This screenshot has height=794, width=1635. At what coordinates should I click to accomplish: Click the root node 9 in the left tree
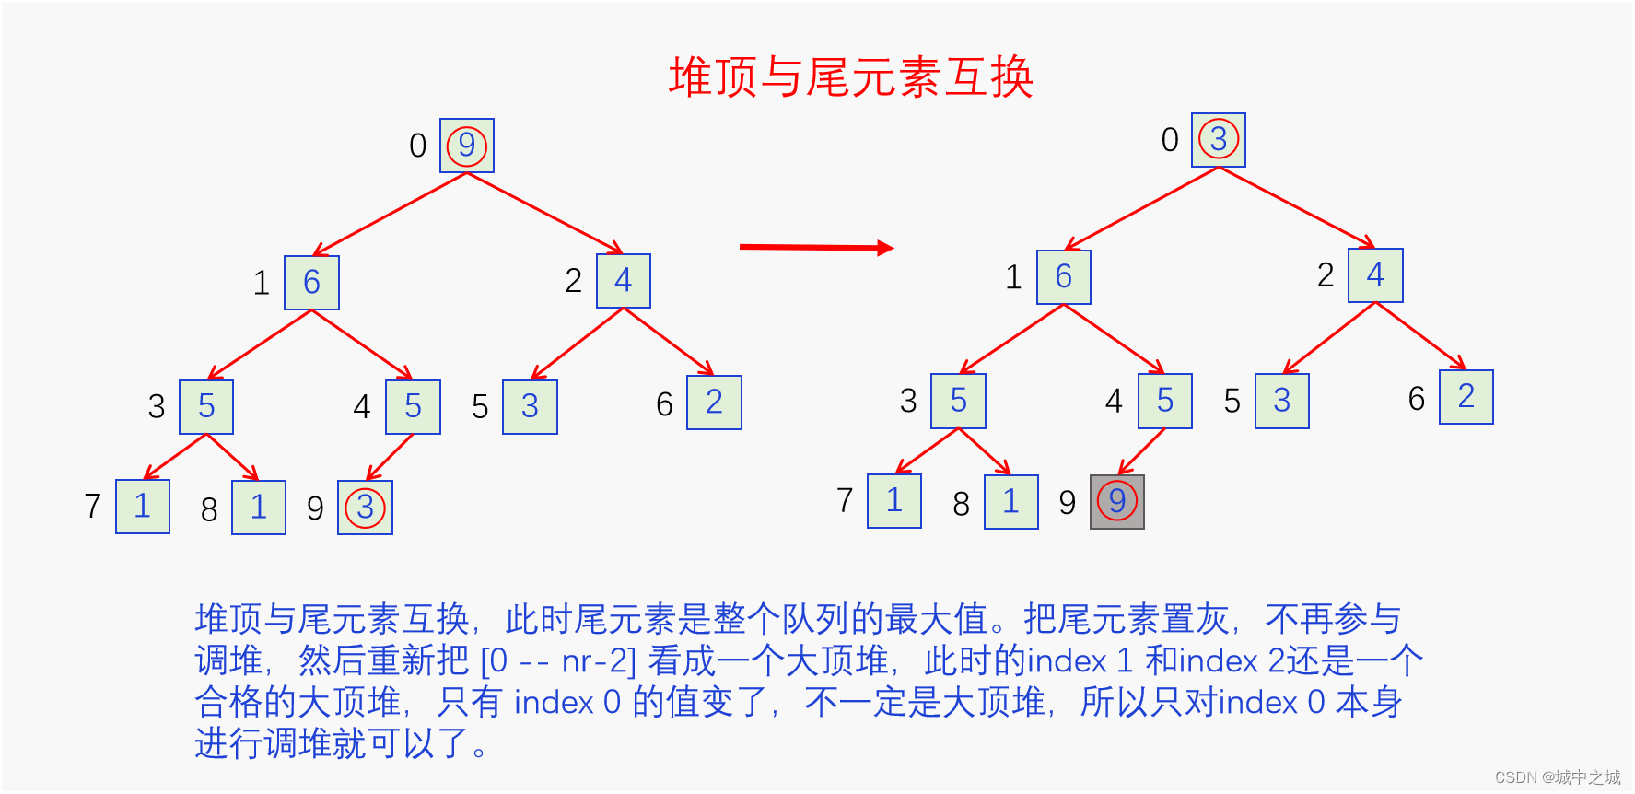pos(467,146)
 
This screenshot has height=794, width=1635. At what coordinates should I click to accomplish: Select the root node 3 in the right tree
pos(1218,140)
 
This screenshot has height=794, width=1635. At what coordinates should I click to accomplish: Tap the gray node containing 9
pos(1116,502)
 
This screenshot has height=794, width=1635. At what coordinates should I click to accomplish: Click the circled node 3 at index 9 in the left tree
pos(365,508)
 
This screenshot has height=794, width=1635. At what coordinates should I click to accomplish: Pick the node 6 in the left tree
pos(311,283)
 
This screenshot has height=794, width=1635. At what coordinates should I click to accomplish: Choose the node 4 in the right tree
pos(1375,275)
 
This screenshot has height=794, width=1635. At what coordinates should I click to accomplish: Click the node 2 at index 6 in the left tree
pos(714,403)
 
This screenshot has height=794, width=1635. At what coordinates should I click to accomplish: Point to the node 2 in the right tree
pos(1466,397)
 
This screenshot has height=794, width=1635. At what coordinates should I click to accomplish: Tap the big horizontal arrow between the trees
pos(816,247)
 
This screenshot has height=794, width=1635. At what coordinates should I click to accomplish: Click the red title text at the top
pos(850,76)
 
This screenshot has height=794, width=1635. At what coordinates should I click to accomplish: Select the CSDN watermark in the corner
pos(1557,777)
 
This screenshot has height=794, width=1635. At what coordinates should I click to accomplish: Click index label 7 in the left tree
pos(92,506)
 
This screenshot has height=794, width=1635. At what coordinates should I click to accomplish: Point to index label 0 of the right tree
pos(1170,140)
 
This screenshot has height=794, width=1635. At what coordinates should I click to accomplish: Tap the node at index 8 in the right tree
pos(1010,502)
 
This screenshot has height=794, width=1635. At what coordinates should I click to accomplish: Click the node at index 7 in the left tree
pos(143,507)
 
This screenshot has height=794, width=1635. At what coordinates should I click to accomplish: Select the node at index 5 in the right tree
pos(1281,401)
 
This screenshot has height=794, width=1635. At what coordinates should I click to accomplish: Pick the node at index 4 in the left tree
pos(413,407)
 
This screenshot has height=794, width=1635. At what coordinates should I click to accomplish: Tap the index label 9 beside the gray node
pos(1067,503)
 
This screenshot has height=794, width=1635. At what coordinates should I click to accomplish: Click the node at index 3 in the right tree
pos(958,402)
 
